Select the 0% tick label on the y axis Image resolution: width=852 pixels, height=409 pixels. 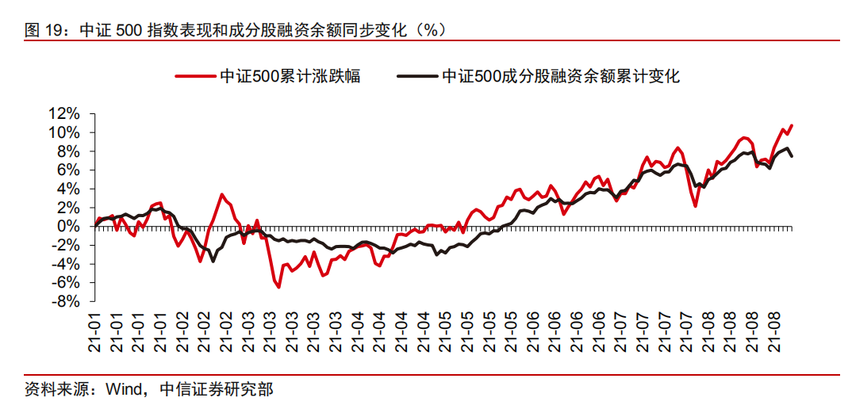70,226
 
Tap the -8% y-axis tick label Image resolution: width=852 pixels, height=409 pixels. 66,301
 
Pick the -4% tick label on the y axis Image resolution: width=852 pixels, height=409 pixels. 66,264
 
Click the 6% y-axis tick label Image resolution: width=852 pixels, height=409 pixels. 67,170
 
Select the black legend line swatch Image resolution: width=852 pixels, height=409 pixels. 416,77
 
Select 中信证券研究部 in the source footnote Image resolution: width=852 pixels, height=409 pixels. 216,390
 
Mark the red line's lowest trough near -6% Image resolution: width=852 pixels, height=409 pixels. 278,287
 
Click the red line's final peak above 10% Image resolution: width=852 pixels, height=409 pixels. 791,125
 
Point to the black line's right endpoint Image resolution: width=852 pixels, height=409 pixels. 791,156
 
